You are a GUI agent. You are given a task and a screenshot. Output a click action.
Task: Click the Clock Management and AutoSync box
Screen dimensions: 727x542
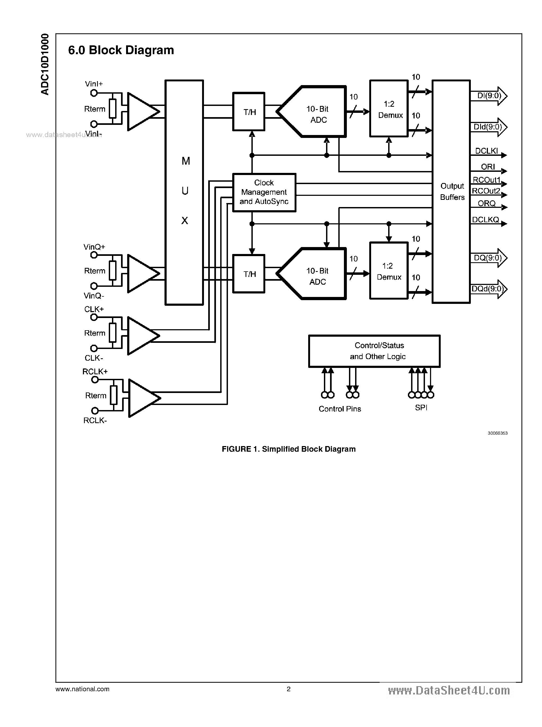pyautogui.click(x=264, y=192)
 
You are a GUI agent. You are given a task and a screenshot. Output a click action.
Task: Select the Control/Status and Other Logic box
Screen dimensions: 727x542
pyautogui.click(x=374, y=351)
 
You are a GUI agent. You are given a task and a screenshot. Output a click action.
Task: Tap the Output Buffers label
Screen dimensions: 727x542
pyautogui.click(x=452, y=192)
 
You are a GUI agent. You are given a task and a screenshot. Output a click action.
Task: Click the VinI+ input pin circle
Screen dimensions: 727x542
pyautogui.click(x=94, y=93)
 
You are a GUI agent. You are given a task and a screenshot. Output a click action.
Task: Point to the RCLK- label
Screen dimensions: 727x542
pyautogui.click(x=95, y=421)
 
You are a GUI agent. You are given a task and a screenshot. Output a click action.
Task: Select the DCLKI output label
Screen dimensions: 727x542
pyautogui.click(x=486, y=151)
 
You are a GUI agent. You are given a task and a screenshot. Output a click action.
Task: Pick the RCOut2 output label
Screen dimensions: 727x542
pyautogui.click(x=485, y=191)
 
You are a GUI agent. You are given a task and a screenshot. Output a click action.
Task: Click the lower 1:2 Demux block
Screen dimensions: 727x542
pyautogui.click(x=389, y=271)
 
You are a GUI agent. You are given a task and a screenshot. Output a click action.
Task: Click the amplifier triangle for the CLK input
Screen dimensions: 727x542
pyautogui.click(x=141, y=336)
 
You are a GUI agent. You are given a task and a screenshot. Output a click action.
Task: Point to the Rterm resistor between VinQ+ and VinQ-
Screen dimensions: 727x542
pyautogui.click(x=113, y=271)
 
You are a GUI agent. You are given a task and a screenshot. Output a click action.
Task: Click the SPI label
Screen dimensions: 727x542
pyautogui.click(x=421, y=407)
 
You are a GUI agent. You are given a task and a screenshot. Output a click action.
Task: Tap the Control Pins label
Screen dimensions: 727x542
pyautogui.click(x=340, y=409)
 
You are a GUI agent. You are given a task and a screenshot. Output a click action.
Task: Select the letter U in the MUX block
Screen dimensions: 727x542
pyautogui.click(x=185, y=191)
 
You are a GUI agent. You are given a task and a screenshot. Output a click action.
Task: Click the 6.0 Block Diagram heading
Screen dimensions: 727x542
pyautogui.click(x=121, y=50)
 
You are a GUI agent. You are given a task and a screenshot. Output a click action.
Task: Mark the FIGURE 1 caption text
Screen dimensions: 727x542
pyautogui.click(x=288, y=449)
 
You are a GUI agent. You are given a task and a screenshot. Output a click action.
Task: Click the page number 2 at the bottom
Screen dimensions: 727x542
pyautogui.click(x=288, y=689)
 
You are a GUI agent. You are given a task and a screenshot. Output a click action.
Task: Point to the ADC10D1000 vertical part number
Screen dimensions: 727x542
pyautogui.click(x=45, y=64)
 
